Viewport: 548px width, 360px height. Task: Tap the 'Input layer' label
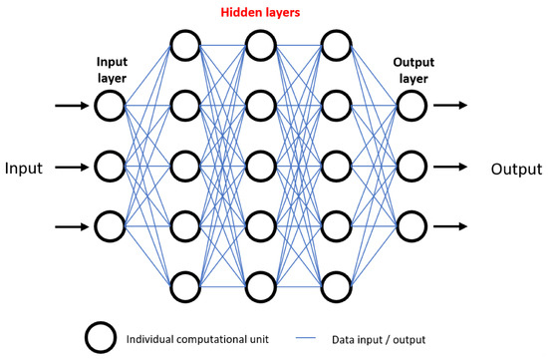click(x=110, y=67)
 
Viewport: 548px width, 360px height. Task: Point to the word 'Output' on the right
click(x=516, y=168)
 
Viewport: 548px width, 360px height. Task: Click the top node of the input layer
click(x=110, y=105)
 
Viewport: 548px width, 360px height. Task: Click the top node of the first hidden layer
click(x=185, y=45)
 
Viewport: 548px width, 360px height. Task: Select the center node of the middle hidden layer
click(x=259, y=166)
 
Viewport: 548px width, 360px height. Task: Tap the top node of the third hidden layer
click(x=335, y=45)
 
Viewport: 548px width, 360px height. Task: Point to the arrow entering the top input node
click(x=70, y=105)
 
